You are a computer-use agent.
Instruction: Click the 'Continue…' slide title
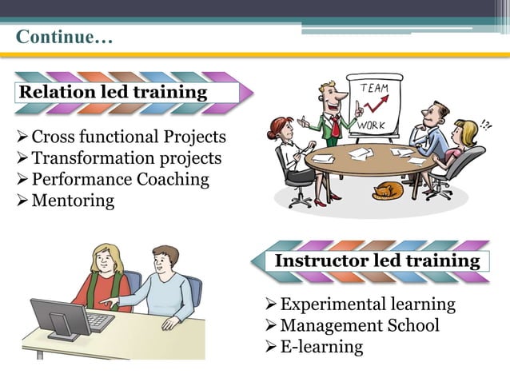point(65,38)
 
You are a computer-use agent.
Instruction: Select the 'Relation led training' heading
point(112,92)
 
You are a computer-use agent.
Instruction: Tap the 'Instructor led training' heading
point(377,261)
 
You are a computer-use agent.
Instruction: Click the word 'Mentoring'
point(73,200)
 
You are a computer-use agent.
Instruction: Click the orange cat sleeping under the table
point(388,191)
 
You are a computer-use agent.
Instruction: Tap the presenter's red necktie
point(337,125)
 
